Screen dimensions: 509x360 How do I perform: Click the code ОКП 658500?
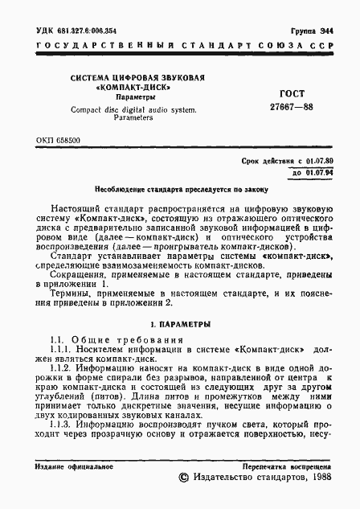(x=58, y=140)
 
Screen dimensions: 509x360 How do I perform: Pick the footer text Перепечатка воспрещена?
(x=287, y=466)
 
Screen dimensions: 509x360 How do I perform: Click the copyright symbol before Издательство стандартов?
(x=183, y=478)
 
